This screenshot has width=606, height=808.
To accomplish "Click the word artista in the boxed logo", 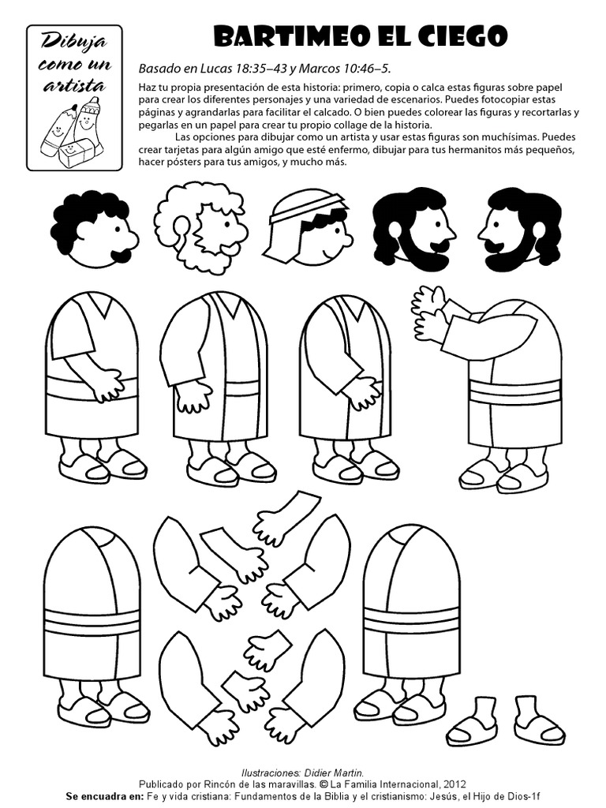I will [73, 84].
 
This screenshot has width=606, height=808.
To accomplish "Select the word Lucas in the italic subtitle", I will [219, 69].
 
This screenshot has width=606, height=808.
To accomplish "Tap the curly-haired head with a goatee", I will [93, 229].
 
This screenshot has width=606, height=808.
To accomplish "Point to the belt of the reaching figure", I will [514, 392].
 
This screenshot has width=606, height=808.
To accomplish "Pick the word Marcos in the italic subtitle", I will [314, 69].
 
